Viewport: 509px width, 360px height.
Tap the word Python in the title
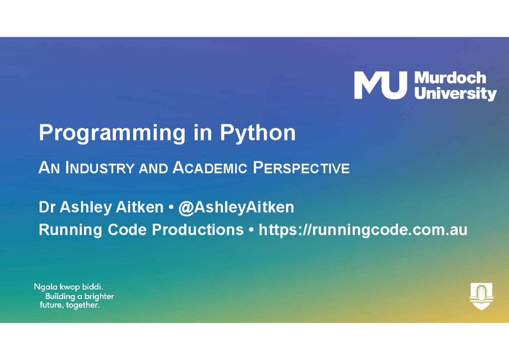point(257,134)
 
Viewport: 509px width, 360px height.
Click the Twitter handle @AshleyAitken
point(236,207)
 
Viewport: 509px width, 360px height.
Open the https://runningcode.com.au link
point(363,230)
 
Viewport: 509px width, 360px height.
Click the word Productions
point(198,230)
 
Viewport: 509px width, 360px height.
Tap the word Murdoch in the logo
point(450,78)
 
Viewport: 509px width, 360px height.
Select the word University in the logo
point(455,93)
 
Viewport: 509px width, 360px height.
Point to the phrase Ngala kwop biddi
point(69,287)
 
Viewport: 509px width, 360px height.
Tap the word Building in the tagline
point(60,296)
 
